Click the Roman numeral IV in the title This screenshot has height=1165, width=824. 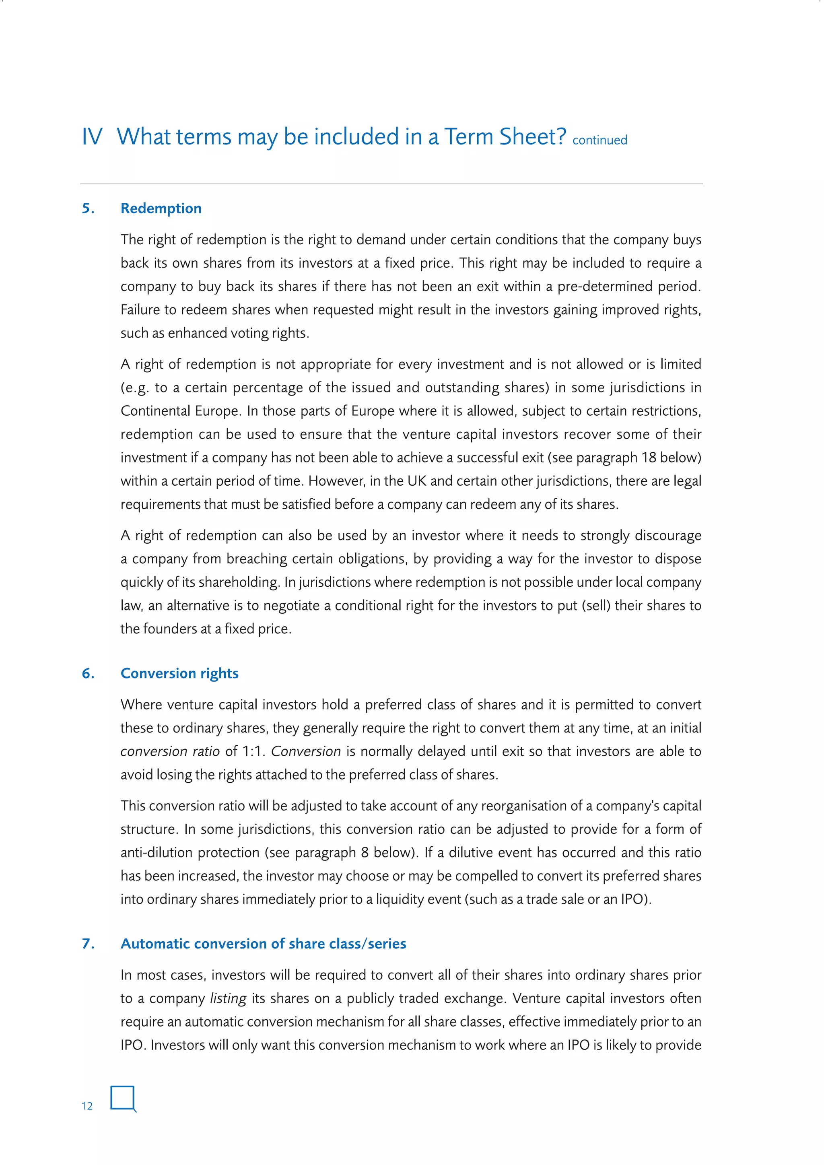point(92,137)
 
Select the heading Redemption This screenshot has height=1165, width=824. point(161,208)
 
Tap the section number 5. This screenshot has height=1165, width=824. point(88,208)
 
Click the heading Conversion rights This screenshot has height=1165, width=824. point(179,673)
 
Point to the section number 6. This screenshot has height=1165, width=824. point(88,673)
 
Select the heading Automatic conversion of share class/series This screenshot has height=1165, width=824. point(264,944)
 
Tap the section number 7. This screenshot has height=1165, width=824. point(88,944)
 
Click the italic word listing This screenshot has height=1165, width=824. point(228,998)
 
